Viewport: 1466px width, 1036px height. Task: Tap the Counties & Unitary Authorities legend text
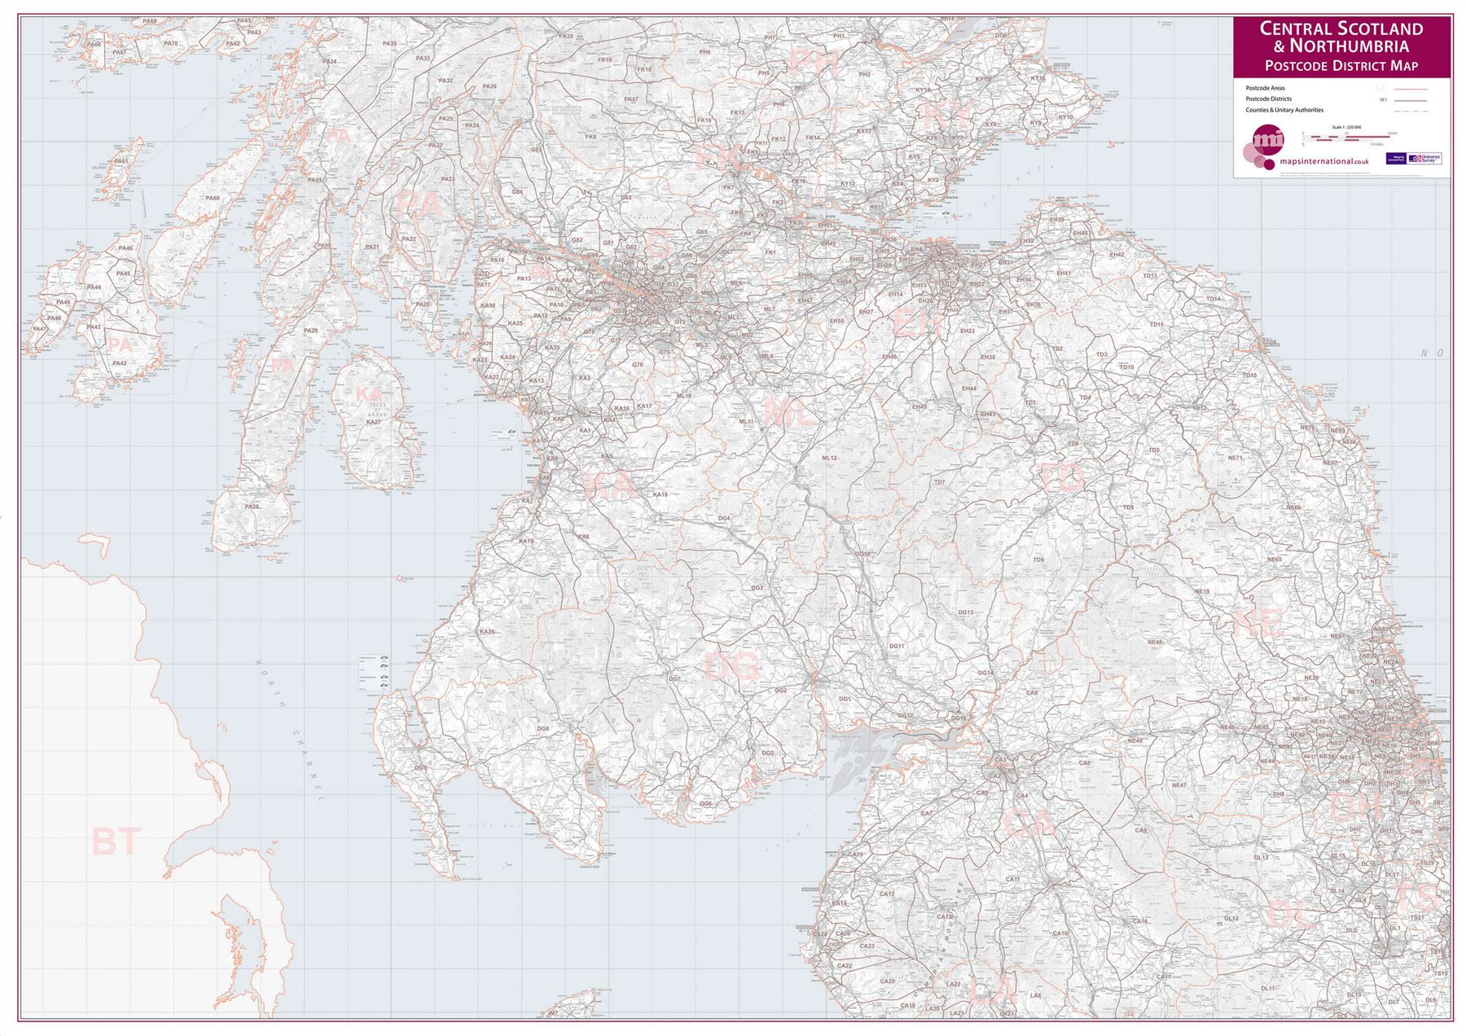tap(1284, 110)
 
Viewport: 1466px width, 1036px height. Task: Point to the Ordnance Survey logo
tap(1424, 159)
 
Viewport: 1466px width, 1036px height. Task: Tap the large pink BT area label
tap(116, 842)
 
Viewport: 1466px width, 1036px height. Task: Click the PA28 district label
tap(252, 507)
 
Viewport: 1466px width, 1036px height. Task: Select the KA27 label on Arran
tap(373, 422)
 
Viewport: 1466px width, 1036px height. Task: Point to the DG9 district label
tap(420, 768)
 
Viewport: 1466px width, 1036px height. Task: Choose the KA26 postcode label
tap(487, 632)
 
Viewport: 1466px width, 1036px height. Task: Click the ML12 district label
tap(829, 459)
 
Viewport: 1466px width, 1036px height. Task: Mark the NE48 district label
tap(1154, 643)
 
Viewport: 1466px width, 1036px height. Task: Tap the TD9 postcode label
tap(1038, 560)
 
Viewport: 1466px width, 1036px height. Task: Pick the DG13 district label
tap(965, 612)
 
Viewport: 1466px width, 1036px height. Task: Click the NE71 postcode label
tap(1236, 459)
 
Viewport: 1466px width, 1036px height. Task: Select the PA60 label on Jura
tap(213, 198)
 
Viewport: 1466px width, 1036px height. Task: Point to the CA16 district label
tap(1140, 922)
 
